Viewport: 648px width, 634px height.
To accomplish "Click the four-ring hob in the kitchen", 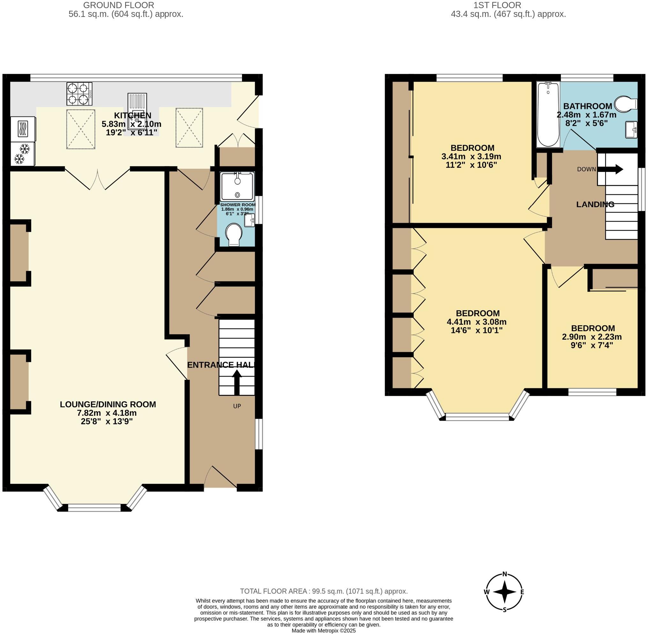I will [x=80, y=93].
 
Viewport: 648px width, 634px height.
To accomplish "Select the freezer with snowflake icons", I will [x=23, y=154].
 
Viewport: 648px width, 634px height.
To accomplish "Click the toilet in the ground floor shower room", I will [x=234, y=234].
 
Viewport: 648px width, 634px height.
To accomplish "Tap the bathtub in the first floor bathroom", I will [x=549, y=114].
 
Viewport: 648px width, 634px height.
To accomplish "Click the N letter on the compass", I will [x=504, y=574].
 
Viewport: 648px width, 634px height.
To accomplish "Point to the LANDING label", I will [x=595, y=204].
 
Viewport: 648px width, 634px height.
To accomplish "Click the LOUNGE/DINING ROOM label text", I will [x=108, y=404].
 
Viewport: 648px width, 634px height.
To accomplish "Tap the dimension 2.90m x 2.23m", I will [x=592, y=337].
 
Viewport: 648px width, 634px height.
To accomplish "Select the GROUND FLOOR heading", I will [x=119, y=5].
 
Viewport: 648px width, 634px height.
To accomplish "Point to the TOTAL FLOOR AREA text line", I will [x=324, y=591].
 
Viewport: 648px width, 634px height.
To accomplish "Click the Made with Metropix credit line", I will [x=324, y=631].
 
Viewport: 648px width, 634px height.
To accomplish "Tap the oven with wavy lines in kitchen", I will [x=23, y=129].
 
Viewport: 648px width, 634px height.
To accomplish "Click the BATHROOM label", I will [x=587, y=106].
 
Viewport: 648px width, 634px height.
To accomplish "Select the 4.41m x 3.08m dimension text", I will [x=476, y=322].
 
